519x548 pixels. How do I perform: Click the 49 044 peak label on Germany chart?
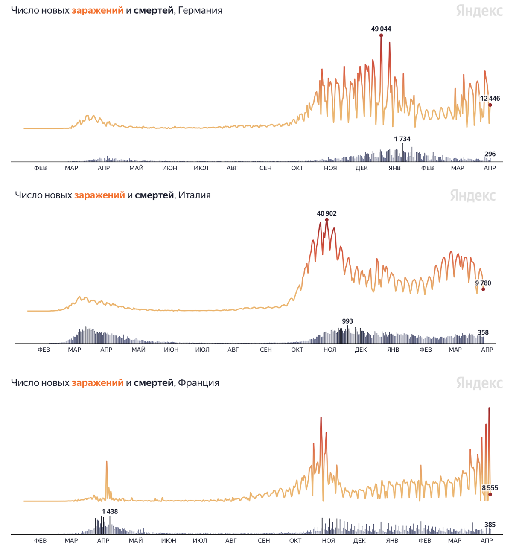[381, 29]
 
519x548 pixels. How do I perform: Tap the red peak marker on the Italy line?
[327, 220]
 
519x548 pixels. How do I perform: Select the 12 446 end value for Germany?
[490, 99]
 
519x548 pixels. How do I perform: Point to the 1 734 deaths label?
[402, 139]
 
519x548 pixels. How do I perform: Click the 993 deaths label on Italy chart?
[347, 321]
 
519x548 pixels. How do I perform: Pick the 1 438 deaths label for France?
[110, 511]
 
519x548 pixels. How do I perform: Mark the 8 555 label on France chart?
[490, 488]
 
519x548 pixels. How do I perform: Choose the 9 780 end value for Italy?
[483, 283]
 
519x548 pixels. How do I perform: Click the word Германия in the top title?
[200, 10]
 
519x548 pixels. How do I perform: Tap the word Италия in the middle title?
[194, 195]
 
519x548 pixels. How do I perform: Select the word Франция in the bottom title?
[198, 382]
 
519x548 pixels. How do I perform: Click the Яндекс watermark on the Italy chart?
[472, 195]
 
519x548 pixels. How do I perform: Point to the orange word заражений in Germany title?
[97, 10]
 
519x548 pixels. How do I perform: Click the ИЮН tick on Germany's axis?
[169, 168]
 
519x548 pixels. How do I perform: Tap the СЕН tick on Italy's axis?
[265, 350]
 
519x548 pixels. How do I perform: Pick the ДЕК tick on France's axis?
[359, 541]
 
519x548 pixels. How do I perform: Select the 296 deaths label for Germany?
[490, 154]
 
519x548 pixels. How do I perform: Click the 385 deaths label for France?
[490, 525]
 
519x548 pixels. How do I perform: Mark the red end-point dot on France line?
[490, 494]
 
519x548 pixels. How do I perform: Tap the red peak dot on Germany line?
[381, 35]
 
